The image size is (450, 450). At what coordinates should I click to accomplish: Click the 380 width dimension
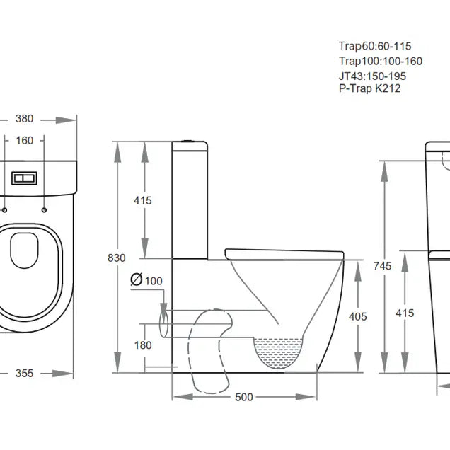click(25, 119)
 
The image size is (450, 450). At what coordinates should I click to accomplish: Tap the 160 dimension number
click(25, 140)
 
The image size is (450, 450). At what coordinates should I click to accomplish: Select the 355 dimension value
click(25, 373)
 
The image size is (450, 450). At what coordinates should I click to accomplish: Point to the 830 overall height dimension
click(117, 258)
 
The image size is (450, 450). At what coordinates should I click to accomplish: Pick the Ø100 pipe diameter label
click(146, 280)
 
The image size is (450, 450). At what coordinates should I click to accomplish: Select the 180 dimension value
click(144, 345)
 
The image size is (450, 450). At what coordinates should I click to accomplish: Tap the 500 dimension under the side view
click(243, 398)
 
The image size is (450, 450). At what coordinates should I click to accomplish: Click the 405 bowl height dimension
click(358, 317)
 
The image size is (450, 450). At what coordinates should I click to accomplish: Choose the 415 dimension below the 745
click(404, 313)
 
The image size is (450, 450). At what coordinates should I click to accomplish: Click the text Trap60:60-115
click(375, 46)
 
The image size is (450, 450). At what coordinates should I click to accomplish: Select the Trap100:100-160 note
click(380, 62)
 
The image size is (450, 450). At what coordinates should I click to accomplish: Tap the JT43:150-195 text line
click(372, 76)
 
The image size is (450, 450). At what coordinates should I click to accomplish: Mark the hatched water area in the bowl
click(281, 352)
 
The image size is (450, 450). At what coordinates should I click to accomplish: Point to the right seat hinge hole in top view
click(45, 210)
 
